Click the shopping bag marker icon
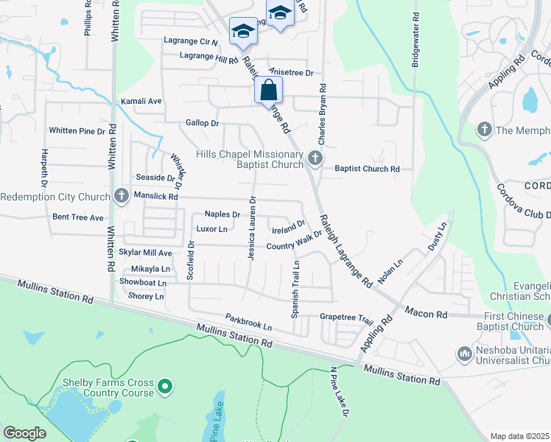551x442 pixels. [269, 91]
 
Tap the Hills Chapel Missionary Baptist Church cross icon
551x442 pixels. [315, 158]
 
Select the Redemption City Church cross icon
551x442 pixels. [122, 196]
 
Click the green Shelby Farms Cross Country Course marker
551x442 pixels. [166, 385]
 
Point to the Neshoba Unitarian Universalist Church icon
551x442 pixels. [464, 354]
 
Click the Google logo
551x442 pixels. [25, 433]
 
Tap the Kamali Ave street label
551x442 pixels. [140, 101]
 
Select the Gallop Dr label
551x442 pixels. [203, 123]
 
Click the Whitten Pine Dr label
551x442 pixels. [77, 130]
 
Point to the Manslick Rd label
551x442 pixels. [155, 197]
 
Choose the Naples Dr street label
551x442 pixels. [222, 214]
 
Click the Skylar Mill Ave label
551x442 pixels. [145, 253]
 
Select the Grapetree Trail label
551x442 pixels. [346, 318]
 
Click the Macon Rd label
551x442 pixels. [431, 315]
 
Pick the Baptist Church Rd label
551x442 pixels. [367, 169]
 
